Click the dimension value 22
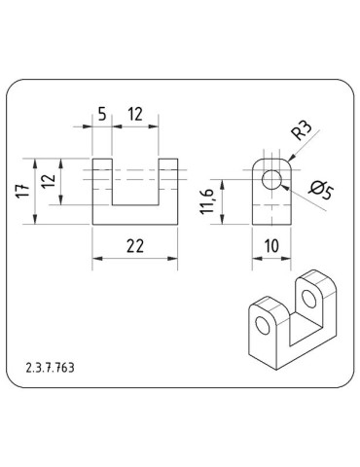135,245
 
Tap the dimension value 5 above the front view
101,116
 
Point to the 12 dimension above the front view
134,116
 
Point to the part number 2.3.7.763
52,369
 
